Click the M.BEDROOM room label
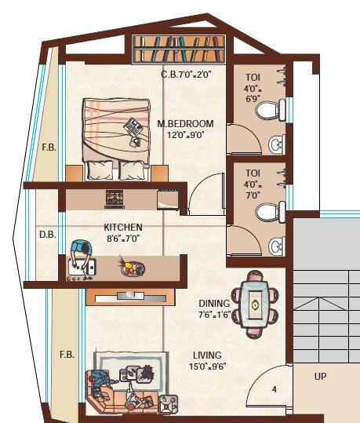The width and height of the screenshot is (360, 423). (185, 123)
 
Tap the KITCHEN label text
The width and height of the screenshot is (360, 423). (123, 228)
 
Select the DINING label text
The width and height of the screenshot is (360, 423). (214, 304)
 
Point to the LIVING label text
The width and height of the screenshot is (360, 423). (205, 356)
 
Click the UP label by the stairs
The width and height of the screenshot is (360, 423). (321, 377)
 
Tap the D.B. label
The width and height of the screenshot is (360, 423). (45, 234)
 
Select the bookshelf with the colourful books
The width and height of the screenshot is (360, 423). (180, 49)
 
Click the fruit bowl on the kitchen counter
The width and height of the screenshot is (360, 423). (132, 268)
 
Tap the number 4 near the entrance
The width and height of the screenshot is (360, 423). (275, 388)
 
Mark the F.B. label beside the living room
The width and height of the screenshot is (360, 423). (67, 355)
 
